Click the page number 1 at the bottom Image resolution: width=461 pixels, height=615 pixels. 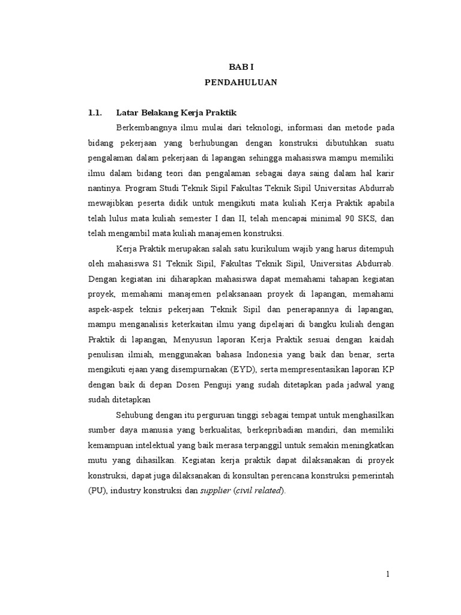click(x=388, y=574)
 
